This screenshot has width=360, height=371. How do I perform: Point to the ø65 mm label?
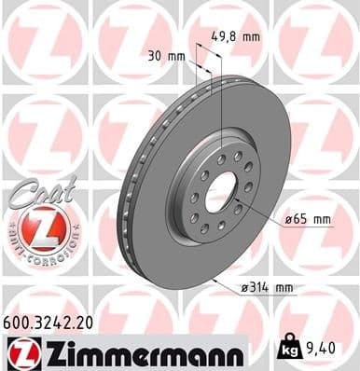coord(307,220)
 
